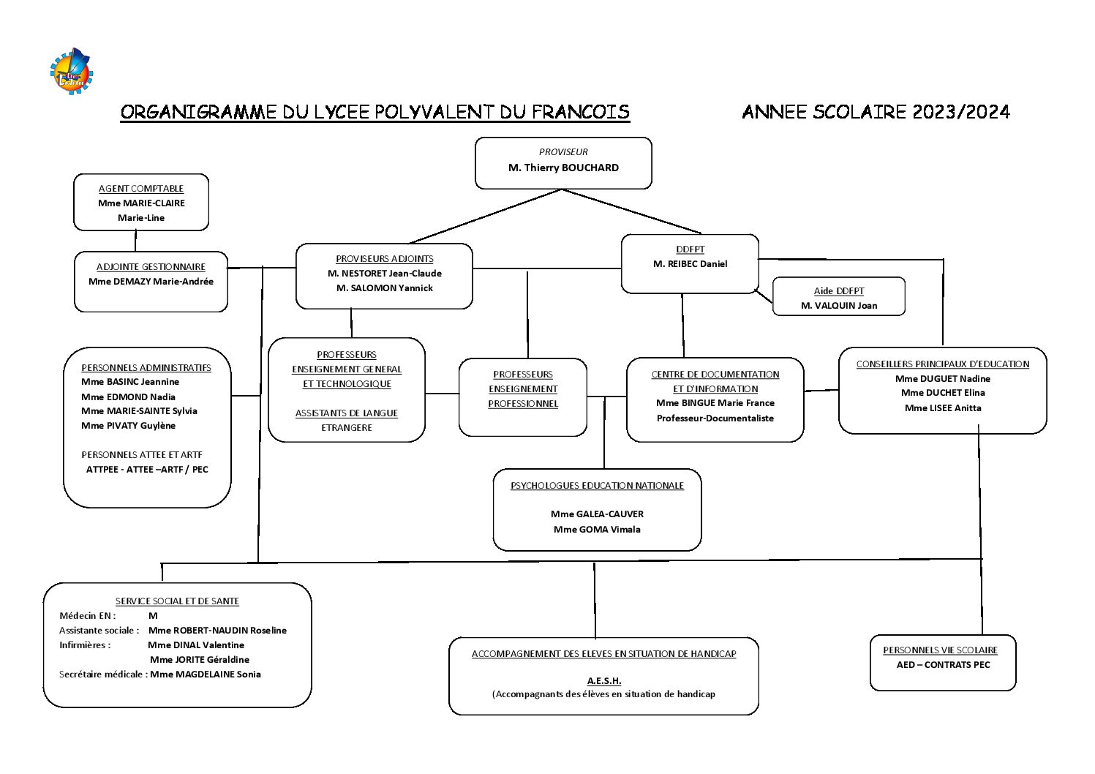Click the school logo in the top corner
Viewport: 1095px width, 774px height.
point(72,72)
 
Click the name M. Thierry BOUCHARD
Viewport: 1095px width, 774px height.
point(563,168)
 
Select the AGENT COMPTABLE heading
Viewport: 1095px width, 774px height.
point(141,189)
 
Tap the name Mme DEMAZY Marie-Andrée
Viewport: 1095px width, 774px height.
point(151,282)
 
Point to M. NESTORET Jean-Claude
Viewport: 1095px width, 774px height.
point(384,274)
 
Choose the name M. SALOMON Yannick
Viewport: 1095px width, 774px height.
point(384,288)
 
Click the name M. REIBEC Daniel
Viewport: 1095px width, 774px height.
point(690,264)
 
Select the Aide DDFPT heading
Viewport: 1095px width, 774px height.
point(839,291)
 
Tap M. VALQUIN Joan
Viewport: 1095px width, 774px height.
point(839,306)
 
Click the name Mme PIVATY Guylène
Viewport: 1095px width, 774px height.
point(128,426)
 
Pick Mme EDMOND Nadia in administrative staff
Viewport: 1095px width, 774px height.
point(128,397)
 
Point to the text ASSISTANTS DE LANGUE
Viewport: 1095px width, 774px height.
point(347,413)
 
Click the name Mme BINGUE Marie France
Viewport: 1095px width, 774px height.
point(715,403)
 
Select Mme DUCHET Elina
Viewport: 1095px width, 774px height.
point(943,393)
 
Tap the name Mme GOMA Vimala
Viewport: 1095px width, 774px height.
point(597,530)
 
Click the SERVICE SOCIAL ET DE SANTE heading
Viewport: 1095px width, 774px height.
point(177,601)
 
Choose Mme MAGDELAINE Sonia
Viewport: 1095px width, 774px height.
point(205,675)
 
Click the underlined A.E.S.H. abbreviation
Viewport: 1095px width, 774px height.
point(604,681)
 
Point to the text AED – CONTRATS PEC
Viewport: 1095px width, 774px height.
point(943,665)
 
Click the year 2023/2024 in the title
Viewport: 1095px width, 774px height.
point(960,112)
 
